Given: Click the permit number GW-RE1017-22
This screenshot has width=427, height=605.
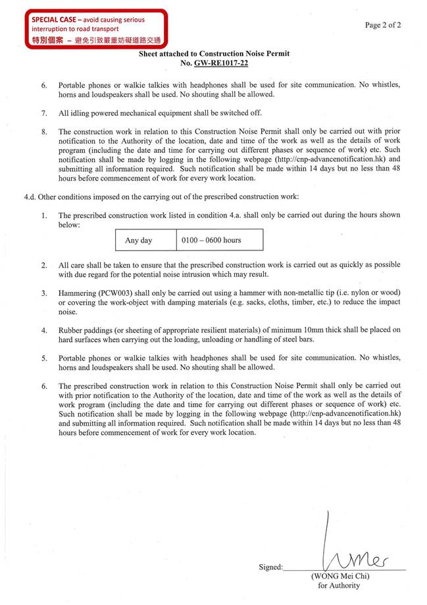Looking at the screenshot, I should (x=221, y=63).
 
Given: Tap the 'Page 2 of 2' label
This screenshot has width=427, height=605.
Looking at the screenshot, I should (x=383, y=25).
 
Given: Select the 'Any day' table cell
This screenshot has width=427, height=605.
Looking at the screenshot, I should (x=138, y=241).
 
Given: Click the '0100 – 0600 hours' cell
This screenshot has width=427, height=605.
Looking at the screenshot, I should (x=211, y=241).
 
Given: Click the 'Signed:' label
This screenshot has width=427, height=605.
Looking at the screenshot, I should (x=270, y=567).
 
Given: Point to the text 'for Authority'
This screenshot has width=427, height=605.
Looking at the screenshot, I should (x=339, y=585).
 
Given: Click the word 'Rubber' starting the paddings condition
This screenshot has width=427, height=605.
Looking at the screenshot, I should (x=70, y=330).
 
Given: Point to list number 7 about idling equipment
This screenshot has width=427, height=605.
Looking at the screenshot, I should (x=44, y=113).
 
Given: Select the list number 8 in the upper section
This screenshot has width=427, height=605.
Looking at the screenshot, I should (x=44, y=131).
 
